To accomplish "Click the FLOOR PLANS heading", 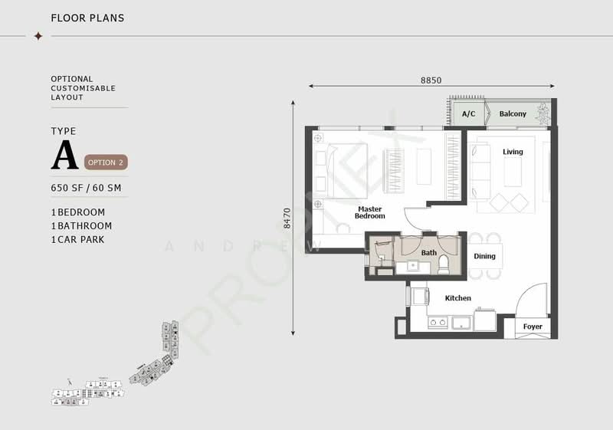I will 87,18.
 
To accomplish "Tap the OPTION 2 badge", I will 106,162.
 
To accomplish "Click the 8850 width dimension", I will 431,80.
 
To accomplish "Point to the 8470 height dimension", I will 287,218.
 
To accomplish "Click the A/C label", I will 468,114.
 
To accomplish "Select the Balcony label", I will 513,114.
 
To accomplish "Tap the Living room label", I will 513,152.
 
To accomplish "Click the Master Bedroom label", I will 369,212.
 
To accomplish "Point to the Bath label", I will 429,253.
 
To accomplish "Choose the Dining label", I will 484,257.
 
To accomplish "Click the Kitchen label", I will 458,298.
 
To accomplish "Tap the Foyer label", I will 533,327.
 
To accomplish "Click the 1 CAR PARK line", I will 77,239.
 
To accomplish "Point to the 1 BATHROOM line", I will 81,226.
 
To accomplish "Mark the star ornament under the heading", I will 38,35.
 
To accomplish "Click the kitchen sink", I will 461,322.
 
